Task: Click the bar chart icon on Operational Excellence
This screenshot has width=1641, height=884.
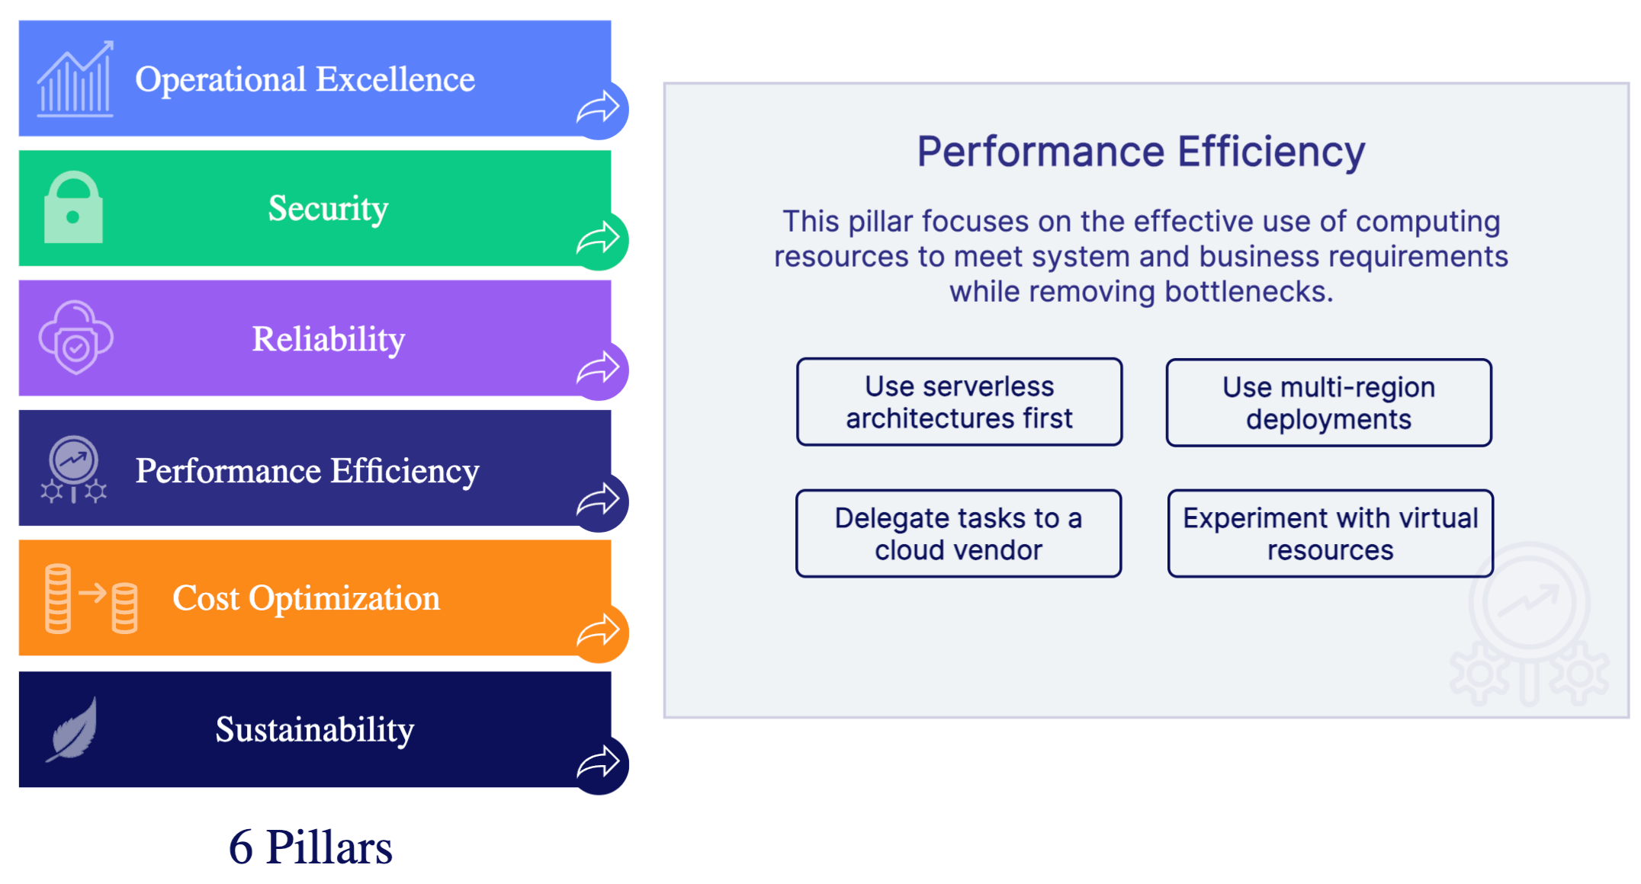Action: point(75,79)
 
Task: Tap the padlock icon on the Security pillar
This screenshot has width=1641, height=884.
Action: point(73,208)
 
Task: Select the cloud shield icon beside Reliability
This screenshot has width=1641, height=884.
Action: point(75,338)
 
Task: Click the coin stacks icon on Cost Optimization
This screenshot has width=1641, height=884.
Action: point(91,599)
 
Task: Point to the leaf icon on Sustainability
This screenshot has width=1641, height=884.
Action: point(72,729)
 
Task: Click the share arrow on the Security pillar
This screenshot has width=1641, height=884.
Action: point(599,239)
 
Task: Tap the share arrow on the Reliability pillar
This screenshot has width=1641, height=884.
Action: point(599,370)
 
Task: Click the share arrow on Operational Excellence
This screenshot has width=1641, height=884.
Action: point(599,108)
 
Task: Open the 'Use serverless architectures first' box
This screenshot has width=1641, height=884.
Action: point(959,402)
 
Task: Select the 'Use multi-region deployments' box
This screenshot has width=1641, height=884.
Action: point(1328,403)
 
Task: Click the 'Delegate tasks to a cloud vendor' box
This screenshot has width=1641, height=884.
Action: point(958,533)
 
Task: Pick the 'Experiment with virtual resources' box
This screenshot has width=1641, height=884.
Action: point(1330,533)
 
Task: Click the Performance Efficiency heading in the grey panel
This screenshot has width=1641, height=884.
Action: point(1141,152)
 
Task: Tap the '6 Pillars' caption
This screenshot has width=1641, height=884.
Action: point(310,847)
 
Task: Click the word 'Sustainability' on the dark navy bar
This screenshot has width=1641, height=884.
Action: point(315,729)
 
